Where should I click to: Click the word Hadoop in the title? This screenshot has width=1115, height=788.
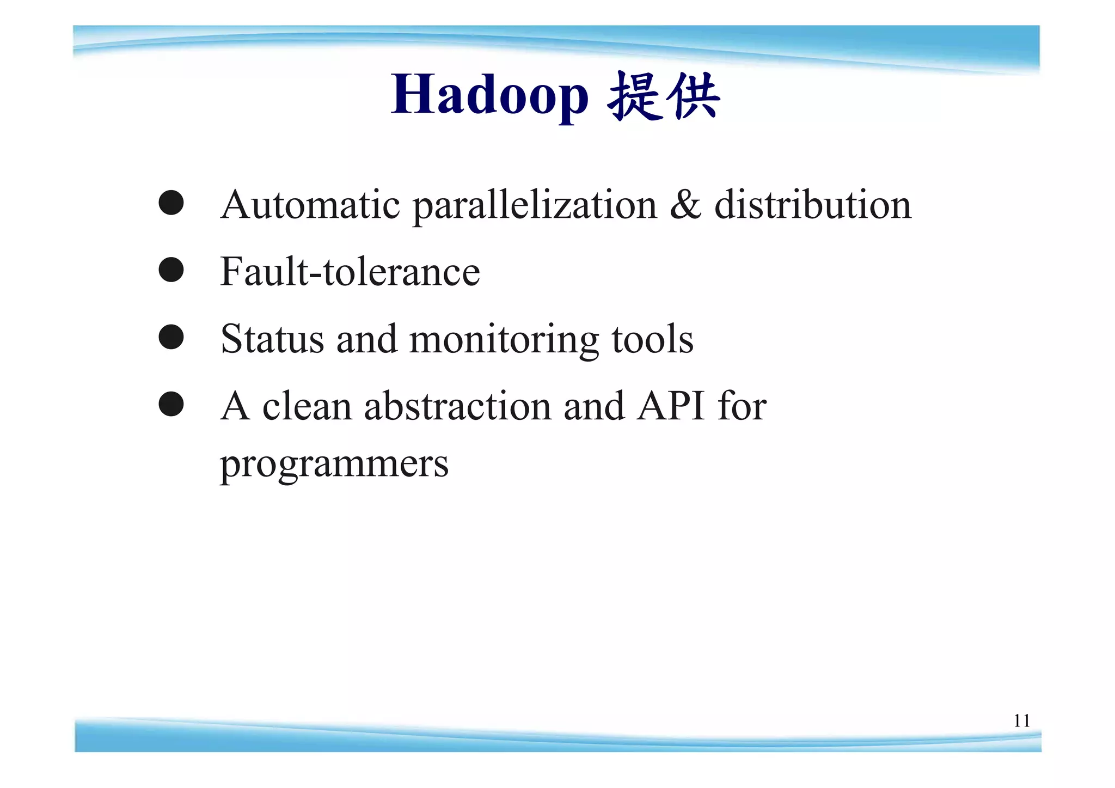[489, 95]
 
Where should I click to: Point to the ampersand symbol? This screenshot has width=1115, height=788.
[685, 205]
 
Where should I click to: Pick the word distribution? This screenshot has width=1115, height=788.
[812, 205]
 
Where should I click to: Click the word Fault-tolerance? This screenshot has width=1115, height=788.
[350, 272]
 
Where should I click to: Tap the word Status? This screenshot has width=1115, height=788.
[272, 339]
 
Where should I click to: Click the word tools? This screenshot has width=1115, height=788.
[652, 339]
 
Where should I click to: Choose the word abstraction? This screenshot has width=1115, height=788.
[457, 406]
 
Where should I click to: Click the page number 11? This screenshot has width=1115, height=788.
[1021, 721]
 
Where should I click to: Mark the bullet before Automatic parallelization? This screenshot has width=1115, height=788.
[171, 203]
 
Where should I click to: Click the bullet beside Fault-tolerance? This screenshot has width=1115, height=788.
[171, 270]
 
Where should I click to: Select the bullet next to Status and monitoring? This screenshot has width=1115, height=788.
[171, 337]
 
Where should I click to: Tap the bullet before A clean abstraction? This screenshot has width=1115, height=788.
[171, 404]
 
